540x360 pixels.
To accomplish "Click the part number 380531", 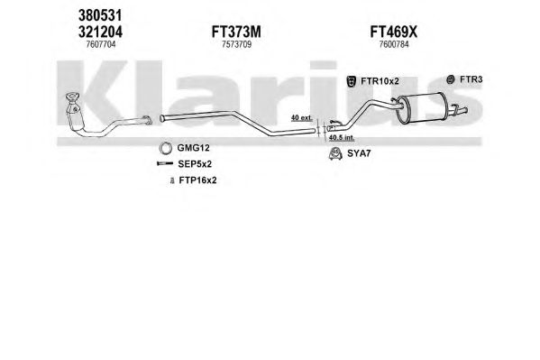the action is pyautogui.click(x=100, y=15).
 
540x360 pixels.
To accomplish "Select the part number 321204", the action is pyautogui.click(x=100, y=32).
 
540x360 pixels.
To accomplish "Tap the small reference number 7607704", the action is pyautogui.click(x=101, y=44).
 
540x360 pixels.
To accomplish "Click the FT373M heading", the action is pyautogui.click(x=236, y=32).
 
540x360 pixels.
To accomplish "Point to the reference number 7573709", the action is pyautogui.click(x=236, y=44).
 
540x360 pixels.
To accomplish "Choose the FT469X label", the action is pyautogui.click(x=394, y=32).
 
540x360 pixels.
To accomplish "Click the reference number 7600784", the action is pyautogui.click(x=394, y=44).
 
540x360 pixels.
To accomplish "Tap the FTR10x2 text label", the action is pyautogui.click(x=380, y=81).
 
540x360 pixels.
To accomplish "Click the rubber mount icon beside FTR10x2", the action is pyautogui.click(x=352, y=82).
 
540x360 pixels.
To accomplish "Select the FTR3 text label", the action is pyautogui.click(x=471, y=79).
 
